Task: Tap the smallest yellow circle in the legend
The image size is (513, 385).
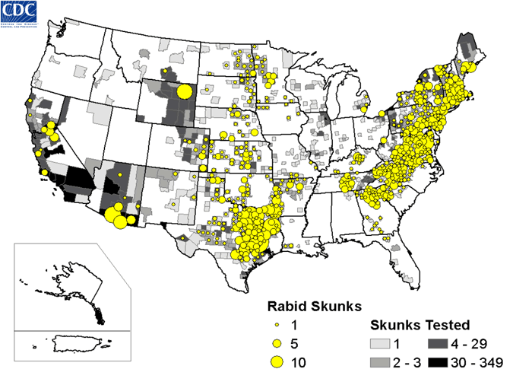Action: click(278, 326)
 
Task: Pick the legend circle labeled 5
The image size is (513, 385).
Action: click(278, 343)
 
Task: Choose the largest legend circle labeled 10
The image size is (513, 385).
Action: click(278, 362)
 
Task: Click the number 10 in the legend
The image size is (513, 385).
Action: click(299, 362)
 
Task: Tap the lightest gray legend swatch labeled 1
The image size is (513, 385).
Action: click(381, 343)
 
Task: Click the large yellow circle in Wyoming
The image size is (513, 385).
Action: click(184, 92)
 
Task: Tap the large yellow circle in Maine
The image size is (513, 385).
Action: click(470, 68)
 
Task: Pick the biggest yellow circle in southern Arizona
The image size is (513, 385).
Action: click(118, 219)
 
